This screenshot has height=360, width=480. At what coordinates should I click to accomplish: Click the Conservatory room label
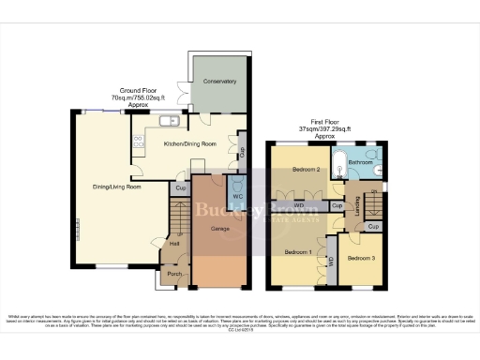[x=220, y=82]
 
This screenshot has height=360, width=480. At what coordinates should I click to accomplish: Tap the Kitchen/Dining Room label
[x=191, y=143]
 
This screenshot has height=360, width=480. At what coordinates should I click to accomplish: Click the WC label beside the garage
[x=238, y=196]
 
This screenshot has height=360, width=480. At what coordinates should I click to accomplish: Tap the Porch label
[x=173, y=274]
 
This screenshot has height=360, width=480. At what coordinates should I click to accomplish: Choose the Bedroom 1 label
[x=298, y=252]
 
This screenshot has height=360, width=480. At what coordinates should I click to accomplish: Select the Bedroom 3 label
[x=360, y=257]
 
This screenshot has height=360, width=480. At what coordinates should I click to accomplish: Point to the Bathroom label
[x=360, y=161]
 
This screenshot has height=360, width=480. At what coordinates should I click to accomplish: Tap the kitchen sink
[x=170, y=120]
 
